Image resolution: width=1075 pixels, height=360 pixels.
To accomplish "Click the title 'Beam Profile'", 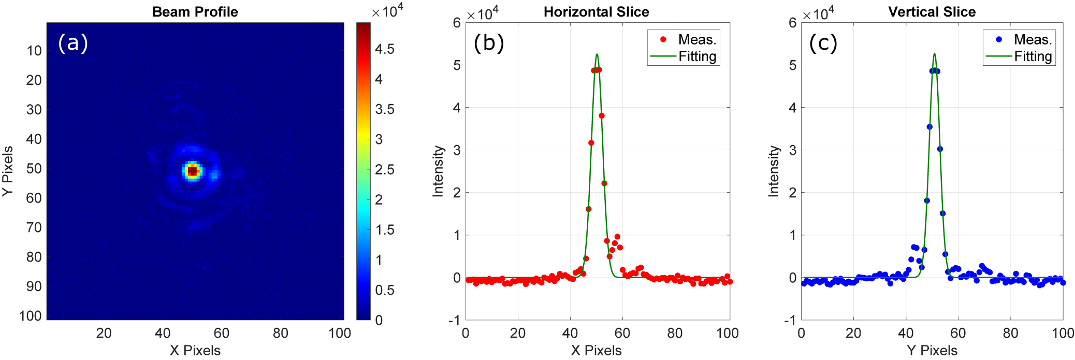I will [x=195, y=12].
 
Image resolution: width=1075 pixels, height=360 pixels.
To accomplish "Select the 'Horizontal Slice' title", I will [x=596, y=12].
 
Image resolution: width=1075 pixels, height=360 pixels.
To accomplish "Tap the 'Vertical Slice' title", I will [x=932, y=12].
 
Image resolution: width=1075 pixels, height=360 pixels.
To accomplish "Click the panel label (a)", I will [x=73, y=42].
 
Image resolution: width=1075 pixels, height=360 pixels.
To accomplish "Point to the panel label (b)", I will [x=488, y=42].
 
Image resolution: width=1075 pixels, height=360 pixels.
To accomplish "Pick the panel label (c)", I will [x=823, y=42].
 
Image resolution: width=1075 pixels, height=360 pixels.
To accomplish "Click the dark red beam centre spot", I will [x=193, y=170].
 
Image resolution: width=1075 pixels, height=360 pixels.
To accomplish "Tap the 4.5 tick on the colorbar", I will [x=384, y=49].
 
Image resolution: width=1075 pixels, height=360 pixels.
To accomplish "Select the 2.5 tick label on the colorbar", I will [x=384, y=169].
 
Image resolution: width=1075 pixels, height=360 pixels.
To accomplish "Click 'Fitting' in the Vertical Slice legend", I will [x=1033, y=56].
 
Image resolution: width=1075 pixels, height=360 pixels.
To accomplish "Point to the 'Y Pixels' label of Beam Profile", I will [x=7, y=171].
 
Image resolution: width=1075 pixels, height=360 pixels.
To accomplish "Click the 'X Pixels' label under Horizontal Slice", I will [x=596, y=350].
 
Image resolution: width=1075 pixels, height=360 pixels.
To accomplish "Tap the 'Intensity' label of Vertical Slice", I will [x=774, y=171].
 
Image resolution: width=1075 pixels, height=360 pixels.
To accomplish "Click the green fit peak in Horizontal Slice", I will [x=597, y=54].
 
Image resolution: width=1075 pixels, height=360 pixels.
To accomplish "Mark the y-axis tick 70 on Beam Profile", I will [x=34, y=227].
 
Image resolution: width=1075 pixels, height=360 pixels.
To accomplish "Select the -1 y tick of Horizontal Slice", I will [x=454, y=320].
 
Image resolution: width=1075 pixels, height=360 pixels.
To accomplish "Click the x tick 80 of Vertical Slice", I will [x=1010, y=333].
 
